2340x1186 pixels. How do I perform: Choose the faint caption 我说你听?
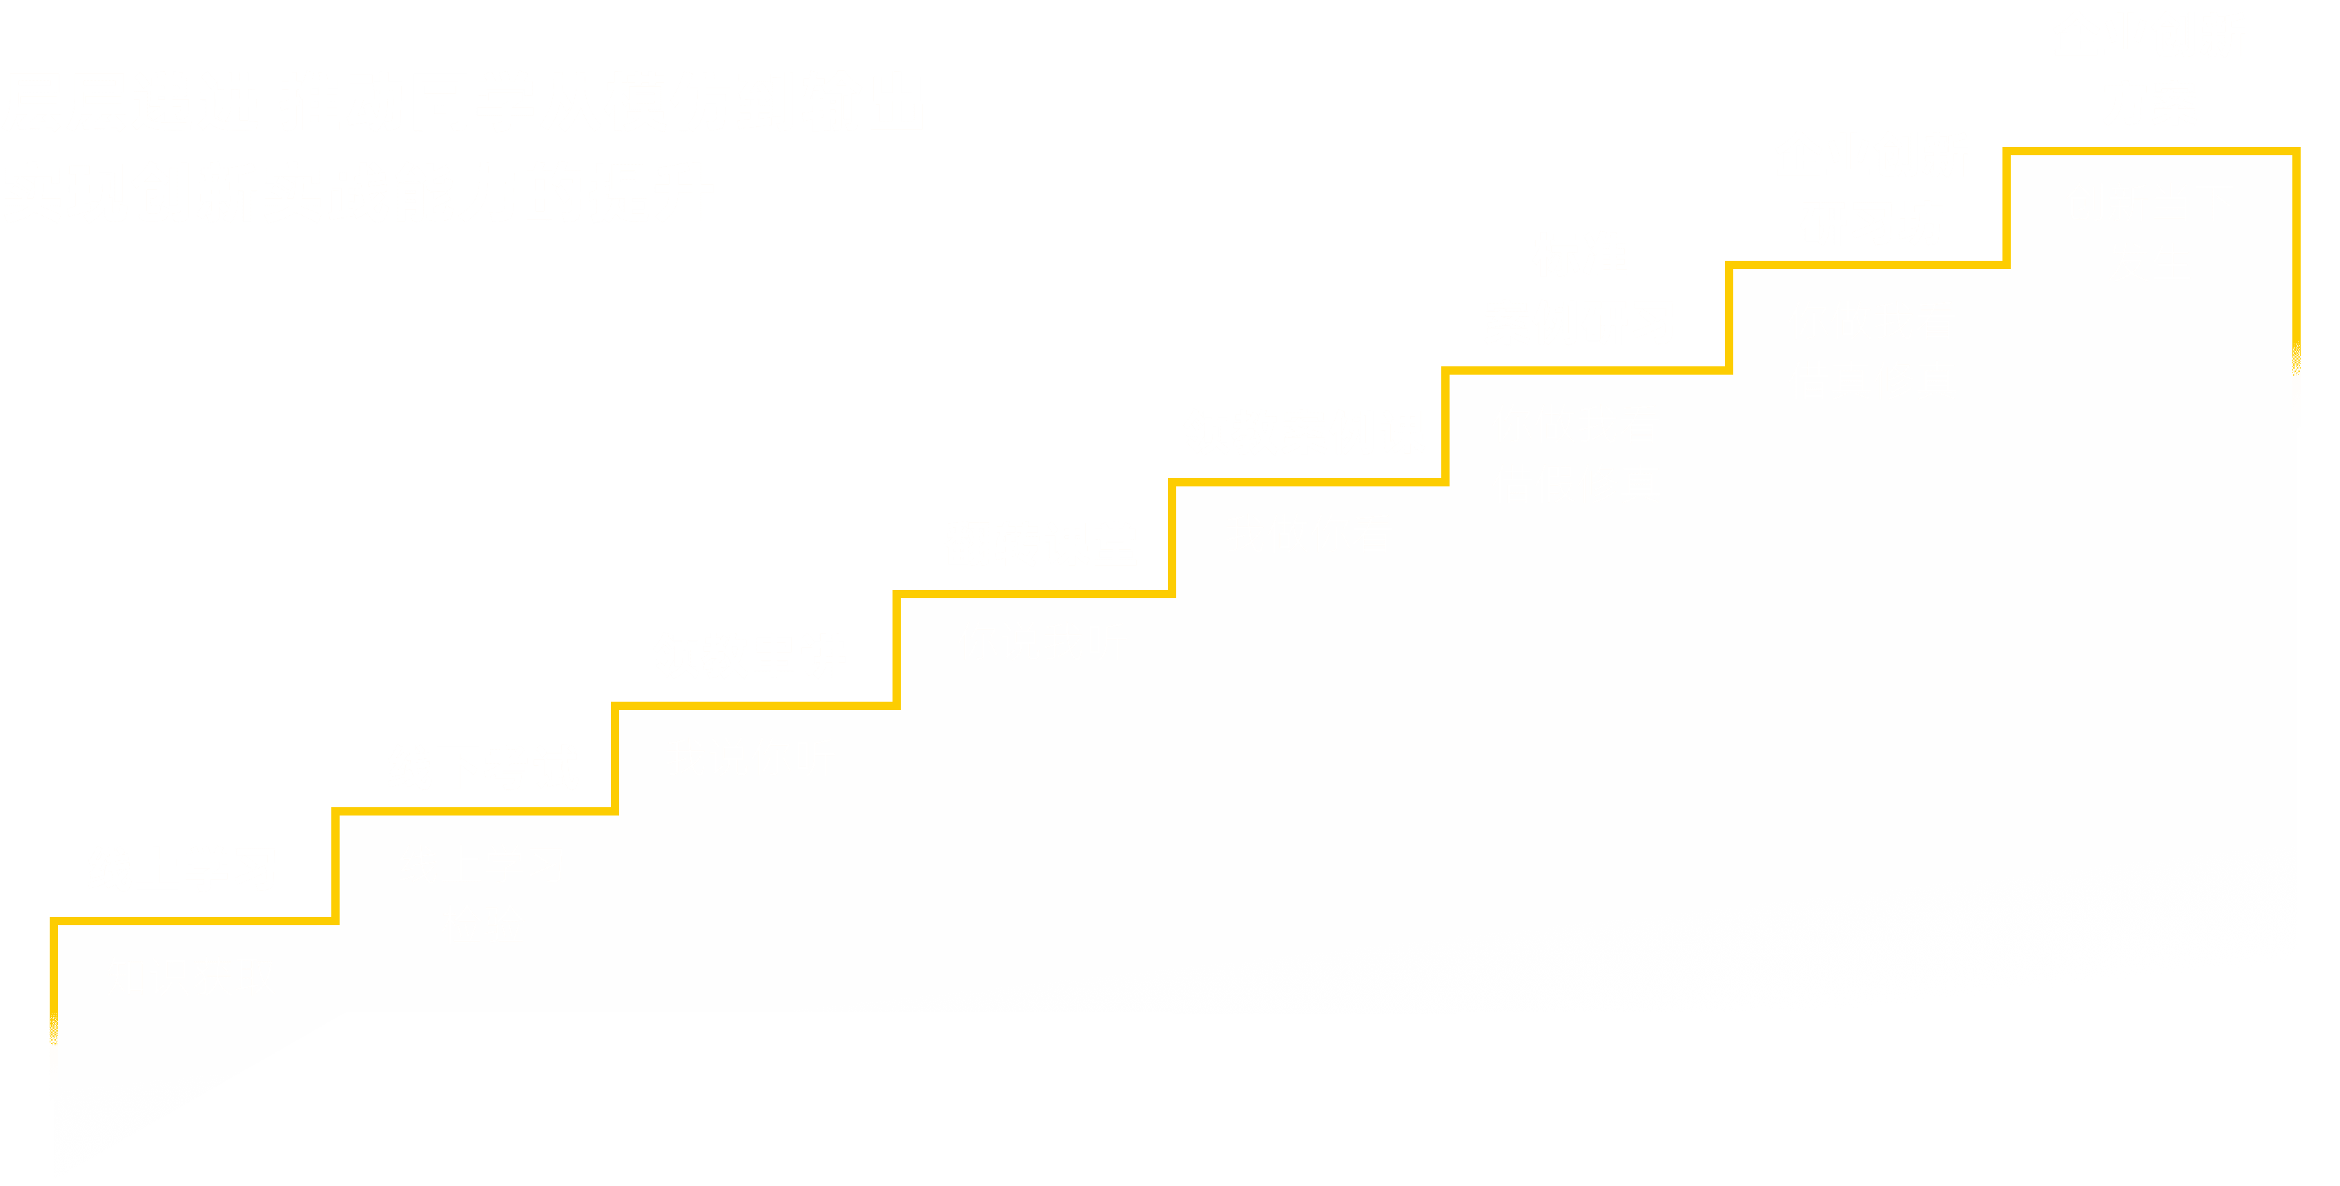coord(750,756)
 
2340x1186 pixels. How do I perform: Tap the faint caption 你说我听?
coord(1042,642)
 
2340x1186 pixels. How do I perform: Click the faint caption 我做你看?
coord(1308,533)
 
